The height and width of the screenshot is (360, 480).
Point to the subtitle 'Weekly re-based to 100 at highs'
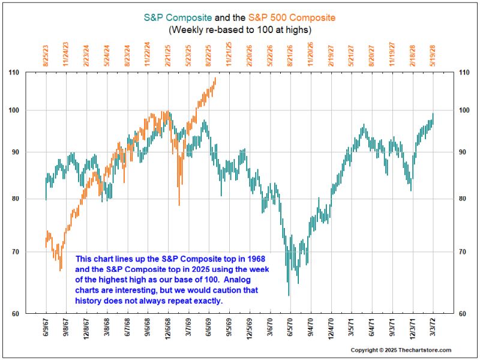pyautogui.click(x=239, y=29)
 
